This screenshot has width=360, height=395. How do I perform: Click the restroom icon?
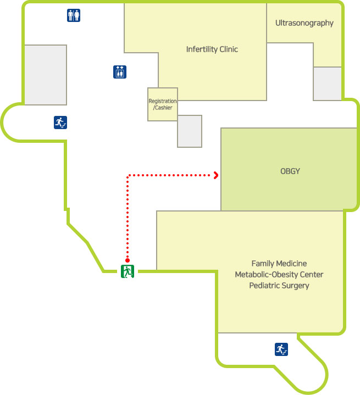click(x=74, y=15)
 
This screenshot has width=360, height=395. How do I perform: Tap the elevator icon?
click(x=120, y=71)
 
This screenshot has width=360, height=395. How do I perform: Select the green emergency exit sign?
click(x=128, y=270)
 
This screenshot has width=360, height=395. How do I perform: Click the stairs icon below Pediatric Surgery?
click(x=281, y=349)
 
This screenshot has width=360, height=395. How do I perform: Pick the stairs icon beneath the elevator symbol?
click(x=60, y=123)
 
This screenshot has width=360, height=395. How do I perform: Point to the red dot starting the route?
click(x=128, y=260)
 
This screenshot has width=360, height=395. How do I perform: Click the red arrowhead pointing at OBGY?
click(x=217, y=175)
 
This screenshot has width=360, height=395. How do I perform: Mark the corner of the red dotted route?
click(x=128, y=176)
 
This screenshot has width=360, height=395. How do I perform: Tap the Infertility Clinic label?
click(x=212, y=49)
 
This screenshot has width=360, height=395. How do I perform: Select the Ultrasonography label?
click(x=304, y=23)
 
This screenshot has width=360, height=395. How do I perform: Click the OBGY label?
click(x=290, y=171)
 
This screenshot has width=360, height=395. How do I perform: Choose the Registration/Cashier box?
click(x=163, y=104)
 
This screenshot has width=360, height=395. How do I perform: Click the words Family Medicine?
click(x=279, y=264)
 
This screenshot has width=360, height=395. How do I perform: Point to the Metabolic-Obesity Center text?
click(x=279, y=275)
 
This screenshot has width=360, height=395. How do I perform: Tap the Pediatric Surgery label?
click(x=279, y=286)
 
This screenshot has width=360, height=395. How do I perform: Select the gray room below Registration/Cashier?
click(x=190, y=131)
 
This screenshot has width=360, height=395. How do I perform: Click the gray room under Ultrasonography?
click(x=328, y=84)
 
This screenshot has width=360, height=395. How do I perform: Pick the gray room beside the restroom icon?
click(x=45, y=75)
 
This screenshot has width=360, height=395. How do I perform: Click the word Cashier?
click(x=164, y=108)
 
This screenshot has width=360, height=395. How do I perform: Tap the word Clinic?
click(x=228, y=49)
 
